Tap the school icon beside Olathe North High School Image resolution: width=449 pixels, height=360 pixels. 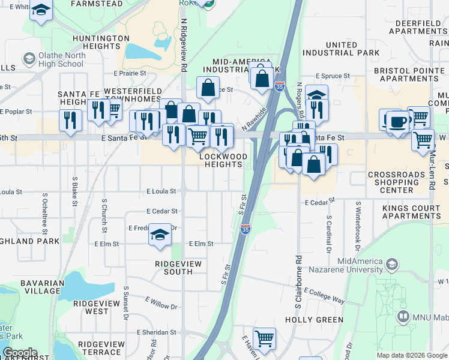[x=28, y=59]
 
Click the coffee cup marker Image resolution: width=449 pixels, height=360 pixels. [x=396, y=122]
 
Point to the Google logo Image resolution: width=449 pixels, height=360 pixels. [x=20, y=353]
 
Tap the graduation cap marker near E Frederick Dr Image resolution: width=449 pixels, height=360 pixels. [x=160, y=234]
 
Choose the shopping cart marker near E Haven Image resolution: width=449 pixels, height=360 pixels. [x=264, y=338]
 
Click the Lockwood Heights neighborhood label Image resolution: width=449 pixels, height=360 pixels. [x=223, y=160]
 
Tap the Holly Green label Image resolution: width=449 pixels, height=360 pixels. [x=315, y=320]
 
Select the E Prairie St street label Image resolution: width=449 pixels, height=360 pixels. [x=130, y=73]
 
